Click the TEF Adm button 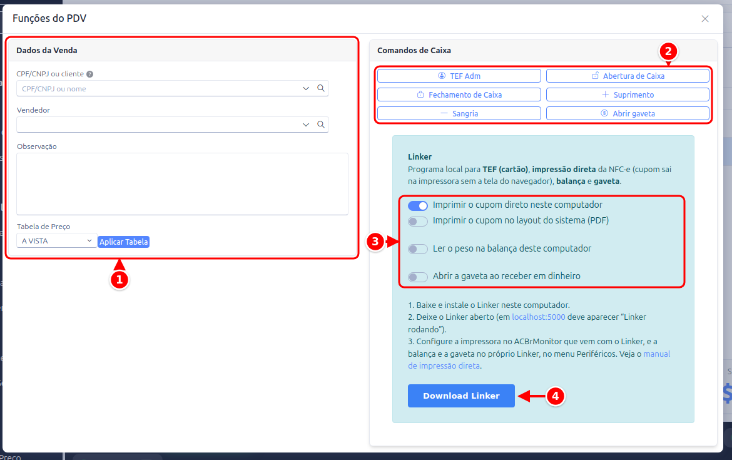coord(459,76)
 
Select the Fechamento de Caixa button coord(459,95)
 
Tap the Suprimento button coord(628,95)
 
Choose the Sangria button coord(459,113)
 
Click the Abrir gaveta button coord(628,113)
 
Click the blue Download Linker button coord(461,396)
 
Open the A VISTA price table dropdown coord(56,241)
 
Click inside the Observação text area coord(182,184)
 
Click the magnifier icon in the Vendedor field coord(321,124)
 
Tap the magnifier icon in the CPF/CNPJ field coord(321,88)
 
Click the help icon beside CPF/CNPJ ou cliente coord(89,74)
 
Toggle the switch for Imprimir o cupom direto coord(418,205)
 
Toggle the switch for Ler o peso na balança coord(418,249)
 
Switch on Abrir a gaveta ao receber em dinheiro coord(418,277)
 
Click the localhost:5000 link coord(538,317)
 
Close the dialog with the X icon coord(705,19)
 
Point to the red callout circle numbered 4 coord(555,396)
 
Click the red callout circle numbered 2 coord(668,51)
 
